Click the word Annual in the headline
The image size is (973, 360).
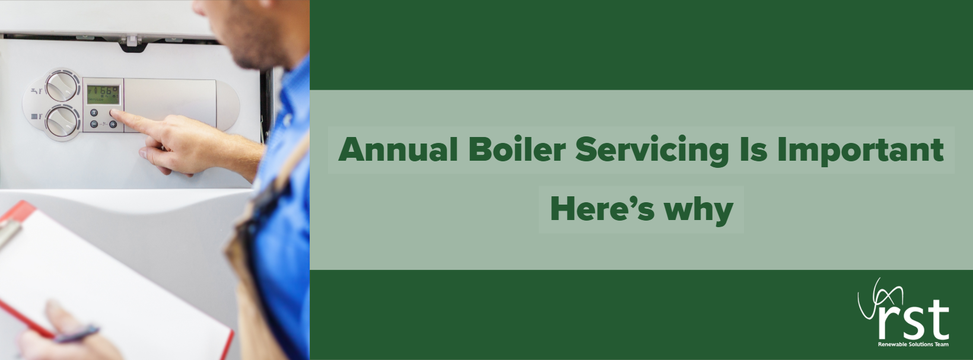click(398, 149)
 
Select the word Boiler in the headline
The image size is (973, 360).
click(517, 149)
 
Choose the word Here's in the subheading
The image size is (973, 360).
click(602, 209)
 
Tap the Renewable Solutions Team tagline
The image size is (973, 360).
click(913, 345)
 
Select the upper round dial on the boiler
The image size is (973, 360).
click(62, 86)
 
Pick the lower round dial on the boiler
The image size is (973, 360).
click(62, 122)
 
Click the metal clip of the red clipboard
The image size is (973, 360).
click(9, 230)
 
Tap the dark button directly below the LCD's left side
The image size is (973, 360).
click(94, 113)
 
